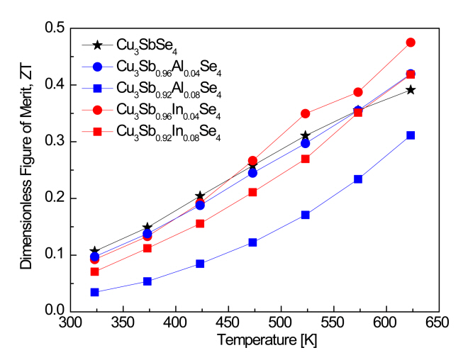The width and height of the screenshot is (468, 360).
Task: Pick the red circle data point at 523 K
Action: click(x=306, y=113)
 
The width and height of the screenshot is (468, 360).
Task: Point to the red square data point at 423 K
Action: click(x=200, y=223)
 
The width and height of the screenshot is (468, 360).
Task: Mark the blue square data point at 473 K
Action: click(x=252, y=242)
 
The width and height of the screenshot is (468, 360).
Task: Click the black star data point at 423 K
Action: click(x=200, y=196)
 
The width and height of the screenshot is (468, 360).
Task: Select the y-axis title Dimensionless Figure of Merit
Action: click(x=25, y=169)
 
